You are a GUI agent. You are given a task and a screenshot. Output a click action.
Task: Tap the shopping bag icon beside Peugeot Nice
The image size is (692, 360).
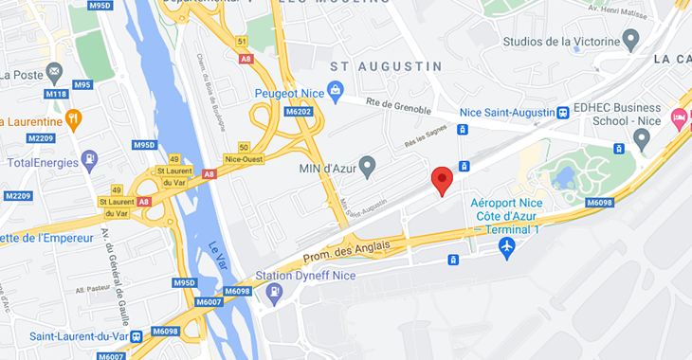tap(334, 92)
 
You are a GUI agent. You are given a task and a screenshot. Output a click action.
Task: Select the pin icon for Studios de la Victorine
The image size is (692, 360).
tap(631, 40)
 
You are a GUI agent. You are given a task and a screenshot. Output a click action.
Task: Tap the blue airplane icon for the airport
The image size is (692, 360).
tap(507, 247)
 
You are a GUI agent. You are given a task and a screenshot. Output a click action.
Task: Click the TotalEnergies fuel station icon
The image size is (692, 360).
tap(90, 160)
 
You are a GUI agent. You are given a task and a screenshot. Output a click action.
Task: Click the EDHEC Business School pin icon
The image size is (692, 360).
tap(642, 137)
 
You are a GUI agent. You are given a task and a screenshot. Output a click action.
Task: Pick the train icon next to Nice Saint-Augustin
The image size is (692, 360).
tap(563, 112)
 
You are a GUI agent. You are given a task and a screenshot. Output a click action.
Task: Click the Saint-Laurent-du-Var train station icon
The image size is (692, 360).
tap(137, 335)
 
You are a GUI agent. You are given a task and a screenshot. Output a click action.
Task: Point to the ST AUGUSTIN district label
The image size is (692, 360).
tap(386, 66)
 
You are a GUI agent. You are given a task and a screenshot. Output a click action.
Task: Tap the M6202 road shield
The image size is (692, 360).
tap(298, 112)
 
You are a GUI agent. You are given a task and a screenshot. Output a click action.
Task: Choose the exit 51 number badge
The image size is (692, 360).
tap(243, 41)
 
